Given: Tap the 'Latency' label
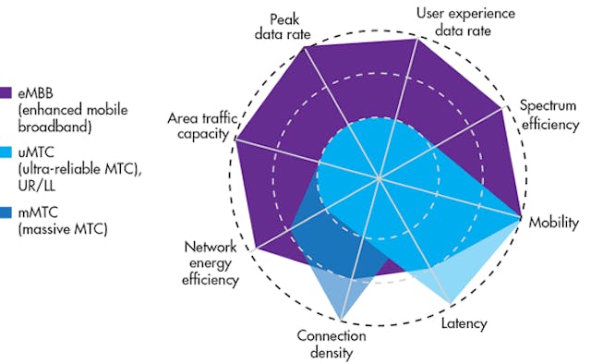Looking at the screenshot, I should point(463,323).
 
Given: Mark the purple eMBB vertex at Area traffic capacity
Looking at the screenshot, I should point(237,140).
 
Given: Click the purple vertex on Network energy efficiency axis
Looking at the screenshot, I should point(255,250).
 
